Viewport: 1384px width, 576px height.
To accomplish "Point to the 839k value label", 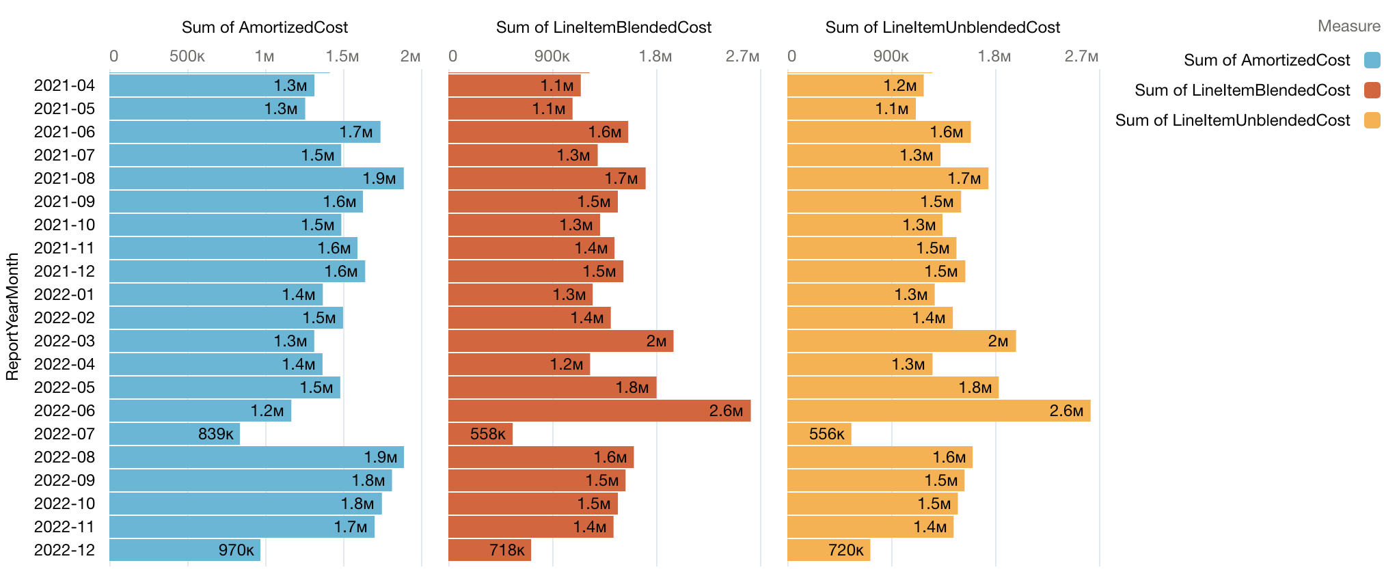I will [215, 434].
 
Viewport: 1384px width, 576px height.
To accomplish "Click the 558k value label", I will [487, 434].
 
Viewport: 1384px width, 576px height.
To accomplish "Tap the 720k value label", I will [845, 550].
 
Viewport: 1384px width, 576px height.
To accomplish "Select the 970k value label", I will [236, 550].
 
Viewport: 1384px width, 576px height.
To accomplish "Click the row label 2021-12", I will [64, 271].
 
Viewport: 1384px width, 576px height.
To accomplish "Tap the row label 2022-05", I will [64, 387].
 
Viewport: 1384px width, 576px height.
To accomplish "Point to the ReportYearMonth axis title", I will [12, 316].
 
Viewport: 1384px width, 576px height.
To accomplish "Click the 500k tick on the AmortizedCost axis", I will [187, 56].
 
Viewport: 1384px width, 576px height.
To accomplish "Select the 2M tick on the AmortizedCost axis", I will [410, 56].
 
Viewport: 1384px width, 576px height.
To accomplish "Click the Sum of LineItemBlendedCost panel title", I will [603, 27].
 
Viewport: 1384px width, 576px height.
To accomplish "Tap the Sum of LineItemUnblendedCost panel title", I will [942, 27].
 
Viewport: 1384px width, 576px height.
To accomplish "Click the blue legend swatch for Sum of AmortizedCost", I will [1372, 60].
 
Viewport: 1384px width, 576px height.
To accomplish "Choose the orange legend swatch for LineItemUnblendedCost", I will [1372, 120].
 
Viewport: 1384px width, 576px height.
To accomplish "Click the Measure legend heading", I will [1348, 26].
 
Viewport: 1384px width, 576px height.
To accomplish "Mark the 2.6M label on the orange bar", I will [1066, 411].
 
